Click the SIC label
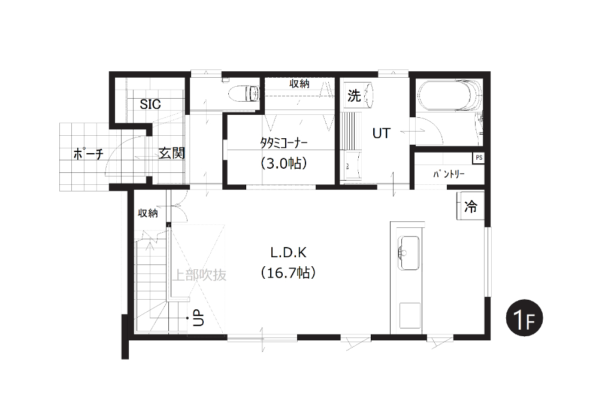[x=150, y=104]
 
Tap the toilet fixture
[x=244, y=93]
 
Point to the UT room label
[x=381, y=133]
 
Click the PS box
[x=479, y=158]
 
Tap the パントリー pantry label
[x=449, y=174]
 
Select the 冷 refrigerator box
[x=470, y=206]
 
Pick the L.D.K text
[x=289, y=252]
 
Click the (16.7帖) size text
[x=289, y=273]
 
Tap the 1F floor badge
[x=525, y=318]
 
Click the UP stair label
[x=199, y=318]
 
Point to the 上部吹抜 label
[x=199, y=275]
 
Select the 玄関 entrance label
[x=172, y=153]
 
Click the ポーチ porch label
[x=88, y=154]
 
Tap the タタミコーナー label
[x=284, y=143]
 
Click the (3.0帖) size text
[x=284, y=163]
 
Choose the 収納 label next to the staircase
[x=148, y=213]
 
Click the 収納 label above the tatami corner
[x=299, y=84]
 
